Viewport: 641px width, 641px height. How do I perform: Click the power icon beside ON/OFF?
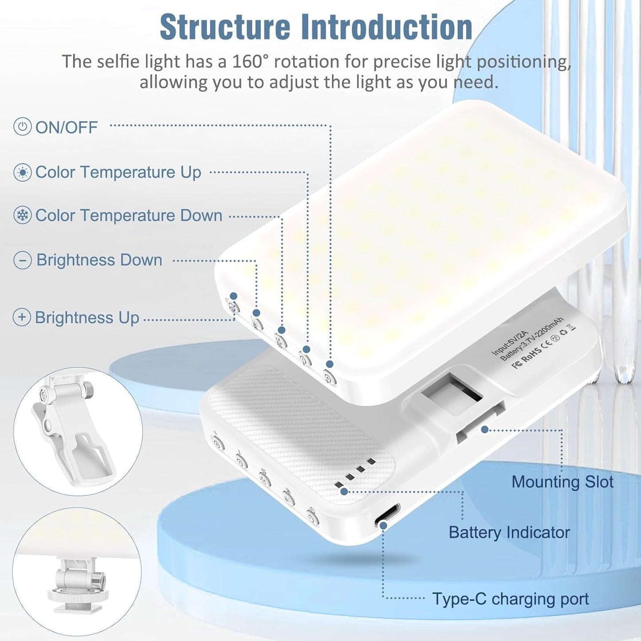[x=22, y=127]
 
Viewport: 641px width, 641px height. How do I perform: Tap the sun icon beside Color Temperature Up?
[x=22, y=172]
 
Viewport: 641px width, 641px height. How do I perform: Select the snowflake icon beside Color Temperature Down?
[x=22, y=216]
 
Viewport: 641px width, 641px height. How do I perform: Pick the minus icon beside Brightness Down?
[x=22, y=260]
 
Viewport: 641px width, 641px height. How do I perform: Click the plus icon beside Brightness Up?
[x=22, y=317]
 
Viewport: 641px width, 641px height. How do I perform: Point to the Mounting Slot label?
[x=562, y=482]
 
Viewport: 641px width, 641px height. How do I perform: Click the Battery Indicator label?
[x=509, y=532]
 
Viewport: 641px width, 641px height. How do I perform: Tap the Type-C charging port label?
[x=510, y=599]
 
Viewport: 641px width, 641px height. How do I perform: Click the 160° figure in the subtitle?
[x=250, y=62]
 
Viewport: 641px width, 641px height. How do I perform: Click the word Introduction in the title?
[x=386, y=28]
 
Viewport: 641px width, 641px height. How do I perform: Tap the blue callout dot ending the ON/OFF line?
[x=330, y=364]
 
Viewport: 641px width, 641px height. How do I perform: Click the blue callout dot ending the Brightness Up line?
[x=234, y=296]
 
